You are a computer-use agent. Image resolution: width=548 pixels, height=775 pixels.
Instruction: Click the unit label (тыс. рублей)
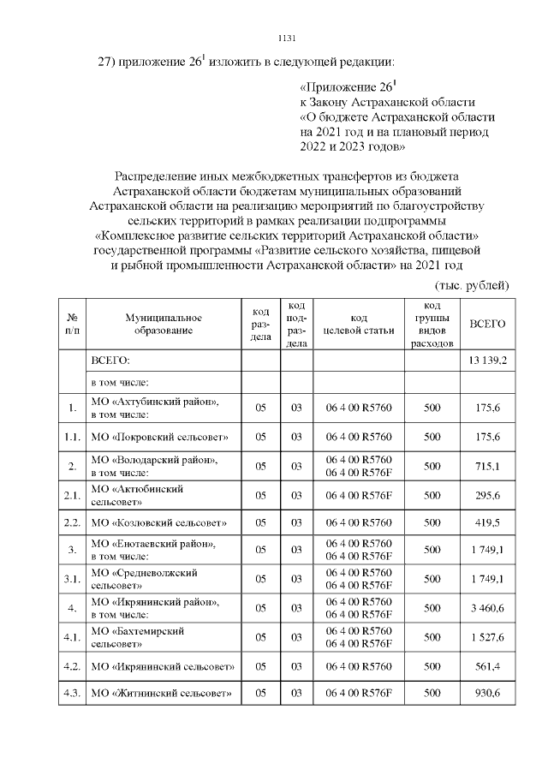(x=474, y=284)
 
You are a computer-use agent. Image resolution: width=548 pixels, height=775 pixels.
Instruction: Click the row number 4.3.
(x=72, y=693)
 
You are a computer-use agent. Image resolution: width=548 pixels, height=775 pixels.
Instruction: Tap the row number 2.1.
(x=72, y=494)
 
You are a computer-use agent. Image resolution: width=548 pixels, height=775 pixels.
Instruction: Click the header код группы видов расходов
(x=432, y=324)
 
